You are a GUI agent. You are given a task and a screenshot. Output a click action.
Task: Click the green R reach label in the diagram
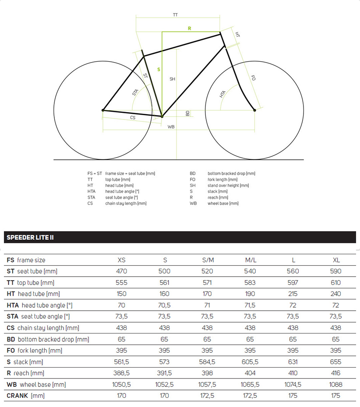[x=190, y=28]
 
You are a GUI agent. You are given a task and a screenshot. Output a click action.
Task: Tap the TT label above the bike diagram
[x=175, y=15]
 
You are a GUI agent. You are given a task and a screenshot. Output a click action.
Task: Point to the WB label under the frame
[x=171, y=126]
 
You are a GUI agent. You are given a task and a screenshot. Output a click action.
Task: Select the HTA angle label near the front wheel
[x=223, y=94]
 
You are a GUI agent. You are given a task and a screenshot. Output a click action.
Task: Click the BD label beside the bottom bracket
[x=187, y=113]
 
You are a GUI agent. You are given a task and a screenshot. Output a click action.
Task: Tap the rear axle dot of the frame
[x=103, y=110]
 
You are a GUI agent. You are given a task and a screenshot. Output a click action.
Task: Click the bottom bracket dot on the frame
[x=162, y=116]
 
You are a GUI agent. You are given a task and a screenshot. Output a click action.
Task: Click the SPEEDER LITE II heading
[x=30, y=238]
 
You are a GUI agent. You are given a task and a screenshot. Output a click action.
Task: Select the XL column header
[x=336, y=260]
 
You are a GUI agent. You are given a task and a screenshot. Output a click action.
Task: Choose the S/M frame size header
[x=208, y=260]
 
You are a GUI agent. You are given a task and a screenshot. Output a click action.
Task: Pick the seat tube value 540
[x=250, y=271]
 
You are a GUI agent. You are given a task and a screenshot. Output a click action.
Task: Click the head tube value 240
[x=336, y=294]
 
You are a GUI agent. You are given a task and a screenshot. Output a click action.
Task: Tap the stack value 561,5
[x=122, y=362]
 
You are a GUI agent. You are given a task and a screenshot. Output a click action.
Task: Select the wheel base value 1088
[x=336, y=385]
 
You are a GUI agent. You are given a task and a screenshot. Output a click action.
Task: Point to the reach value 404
[x=250, y=373]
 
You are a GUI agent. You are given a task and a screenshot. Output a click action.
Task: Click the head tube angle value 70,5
[x=164, y=305]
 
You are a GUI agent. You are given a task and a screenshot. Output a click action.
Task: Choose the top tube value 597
[x=293, y=283]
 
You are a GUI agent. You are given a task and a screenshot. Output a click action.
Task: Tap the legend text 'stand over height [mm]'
[x=228, y=186]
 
